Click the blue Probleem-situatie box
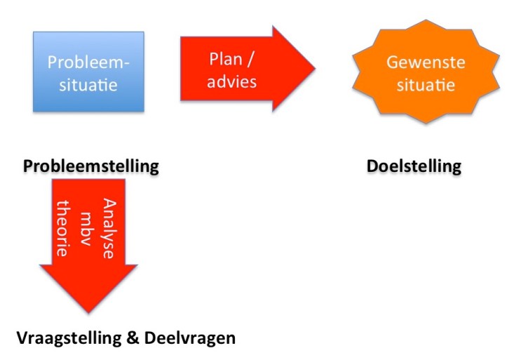88,72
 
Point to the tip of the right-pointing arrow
314,69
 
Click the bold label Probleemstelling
91,166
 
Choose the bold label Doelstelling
414,166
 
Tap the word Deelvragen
190,338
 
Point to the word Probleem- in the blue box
88,62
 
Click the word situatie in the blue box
88,86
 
